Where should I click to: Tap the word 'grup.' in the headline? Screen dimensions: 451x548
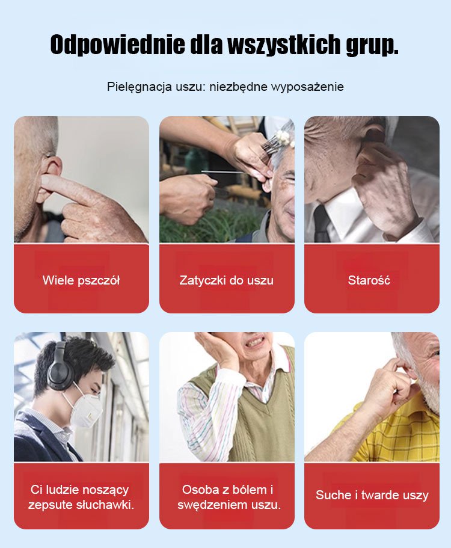(372, 45)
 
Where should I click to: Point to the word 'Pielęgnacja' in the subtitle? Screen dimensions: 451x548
(139, 87)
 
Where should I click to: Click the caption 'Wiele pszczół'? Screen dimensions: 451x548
(81, 280)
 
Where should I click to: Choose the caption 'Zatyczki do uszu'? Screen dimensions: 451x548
(226, 280)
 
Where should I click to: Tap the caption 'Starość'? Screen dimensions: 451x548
(369, 280)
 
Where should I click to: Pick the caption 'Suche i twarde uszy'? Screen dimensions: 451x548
(372, 495)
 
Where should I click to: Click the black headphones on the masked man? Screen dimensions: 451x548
(60, 366)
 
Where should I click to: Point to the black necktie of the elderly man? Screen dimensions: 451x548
(321, 224)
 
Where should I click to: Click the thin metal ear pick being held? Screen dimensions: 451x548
(224, 171)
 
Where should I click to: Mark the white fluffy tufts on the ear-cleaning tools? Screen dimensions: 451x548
(284, 138)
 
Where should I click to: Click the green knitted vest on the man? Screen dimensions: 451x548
(241, 419)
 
